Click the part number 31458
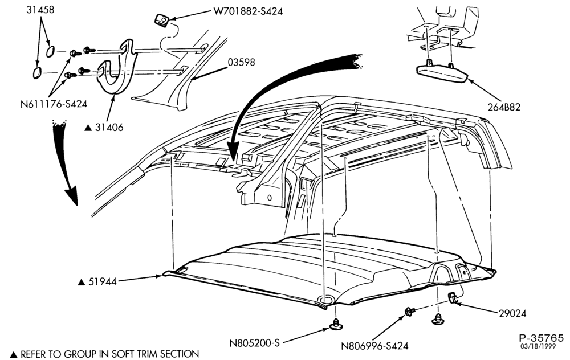click(x=40, y=10)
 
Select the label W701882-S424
click(x=247, y=11)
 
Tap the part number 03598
click(x=241, y=62)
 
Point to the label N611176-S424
click(x=54, y=104)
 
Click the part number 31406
click(x=109, y=127)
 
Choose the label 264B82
click(x=504, y=107)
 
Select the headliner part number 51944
click(x=103, y=281)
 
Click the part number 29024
click(x=512, y=313)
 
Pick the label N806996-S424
click(x=374, y=346)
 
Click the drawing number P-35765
click(x=541, y=338)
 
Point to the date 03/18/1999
click(x=538, y=346)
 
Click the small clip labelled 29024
click(x=452, y=297)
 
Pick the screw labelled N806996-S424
click(x=410, y=311)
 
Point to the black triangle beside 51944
click(x=82, y=282)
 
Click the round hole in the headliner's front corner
click(x=325, y=299)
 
